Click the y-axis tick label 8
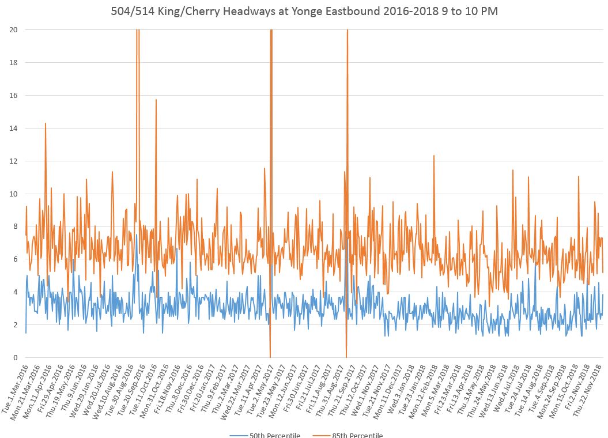(x=16, y=226)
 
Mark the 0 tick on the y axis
(x=16, y=357)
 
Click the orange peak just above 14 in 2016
(x=45, y=123)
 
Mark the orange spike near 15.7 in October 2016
(x=156, y=100)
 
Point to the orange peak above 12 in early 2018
(x=433, y=156)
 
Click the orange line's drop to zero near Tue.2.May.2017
(x=270, y=357)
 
